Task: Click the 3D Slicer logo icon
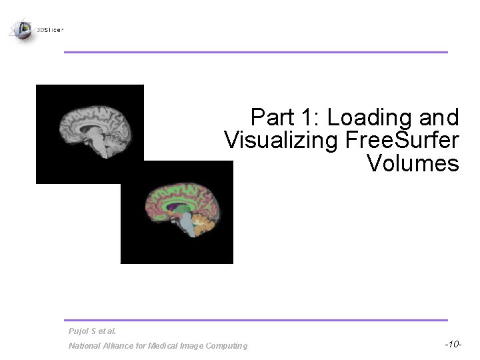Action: pos(21,29)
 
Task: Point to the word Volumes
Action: pos(413,163)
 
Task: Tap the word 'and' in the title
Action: pos(441,118)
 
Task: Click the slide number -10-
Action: pos(451,344)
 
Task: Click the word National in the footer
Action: pos(83,345)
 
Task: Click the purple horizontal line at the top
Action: pos(255,52)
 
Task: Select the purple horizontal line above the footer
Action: pos(255,320)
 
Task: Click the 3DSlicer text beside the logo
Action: pos(50,29)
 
